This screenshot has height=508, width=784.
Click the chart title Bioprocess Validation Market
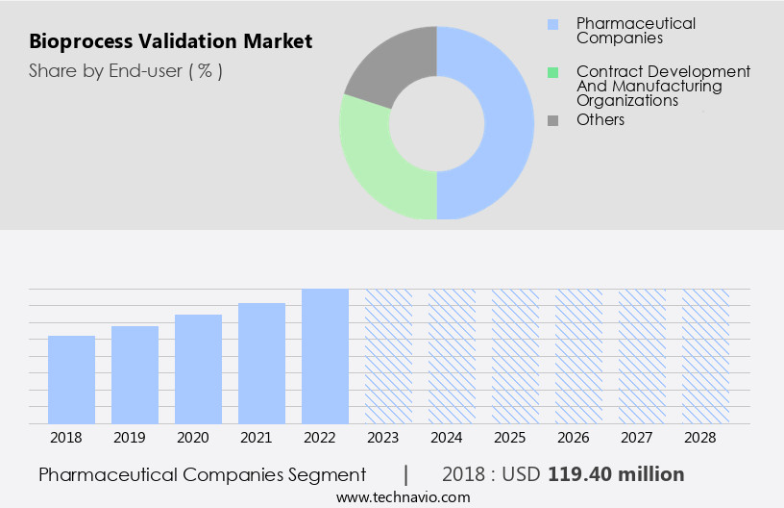click(x=170, y=42)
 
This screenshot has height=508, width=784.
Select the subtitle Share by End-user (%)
click(x=126, y=70)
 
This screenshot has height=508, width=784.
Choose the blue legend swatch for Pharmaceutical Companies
click(x=552, y=24)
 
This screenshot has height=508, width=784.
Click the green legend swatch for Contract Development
click(x=552, y=72)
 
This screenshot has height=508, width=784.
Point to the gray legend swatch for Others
click(x=552, y=120)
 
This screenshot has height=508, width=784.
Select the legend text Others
click(x=600, y=120)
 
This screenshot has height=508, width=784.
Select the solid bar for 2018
click(x=71, y=380)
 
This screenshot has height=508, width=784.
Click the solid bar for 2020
click(x=198, y=369)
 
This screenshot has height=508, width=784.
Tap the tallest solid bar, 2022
click(x=325, y=356)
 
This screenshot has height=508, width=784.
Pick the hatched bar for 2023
click(x=388, y=356)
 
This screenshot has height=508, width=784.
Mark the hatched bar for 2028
click(x=705, y=356)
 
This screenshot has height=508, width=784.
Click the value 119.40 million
click(x=616, y=474)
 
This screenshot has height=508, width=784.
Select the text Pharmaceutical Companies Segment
click(x=203, y=474)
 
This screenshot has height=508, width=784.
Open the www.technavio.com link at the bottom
click(x=404, y=496)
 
